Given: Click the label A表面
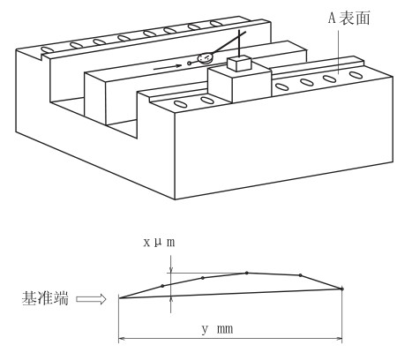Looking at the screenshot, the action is tap(349, 19).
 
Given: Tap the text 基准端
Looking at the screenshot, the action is tap(45, 298).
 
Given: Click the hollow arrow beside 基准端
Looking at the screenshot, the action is tap(91, 299).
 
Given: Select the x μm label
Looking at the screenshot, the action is tap(159, 243).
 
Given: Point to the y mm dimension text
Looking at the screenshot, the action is tap(218, 328).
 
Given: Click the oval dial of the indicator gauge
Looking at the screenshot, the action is tap(206, 58).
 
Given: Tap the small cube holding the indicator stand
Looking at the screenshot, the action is tap(239, 64).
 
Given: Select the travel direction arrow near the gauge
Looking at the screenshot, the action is tap(168, 67).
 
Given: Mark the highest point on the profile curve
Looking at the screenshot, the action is tap(247, 273).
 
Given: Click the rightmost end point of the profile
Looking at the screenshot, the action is tap(341, 289).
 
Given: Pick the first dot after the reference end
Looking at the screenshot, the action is tap(162, 286).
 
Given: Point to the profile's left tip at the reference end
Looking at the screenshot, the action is tap(119, 298).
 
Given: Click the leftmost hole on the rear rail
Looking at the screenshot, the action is tap(46, 49).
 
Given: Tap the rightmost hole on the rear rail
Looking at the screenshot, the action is tap(216, 23).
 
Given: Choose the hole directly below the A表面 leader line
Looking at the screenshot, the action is tap(330, 79).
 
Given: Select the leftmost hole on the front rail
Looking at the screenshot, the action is tap(180, 104).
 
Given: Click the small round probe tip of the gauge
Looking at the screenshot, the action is tap(189, 63).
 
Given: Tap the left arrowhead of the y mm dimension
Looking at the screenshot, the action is tap(122, 338).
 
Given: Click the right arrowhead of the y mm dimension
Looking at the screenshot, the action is tap(339, 338).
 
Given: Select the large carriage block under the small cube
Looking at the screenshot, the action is tap(240, 84).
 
